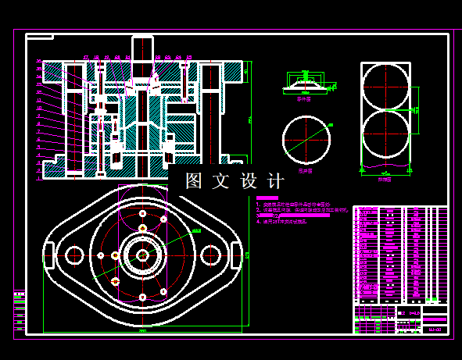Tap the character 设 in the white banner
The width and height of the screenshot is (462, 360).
[249, 181]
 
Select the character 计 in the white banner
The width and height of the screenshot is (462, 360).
[276, 181]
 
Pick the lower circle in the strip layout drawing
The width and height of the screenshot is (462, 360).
[385, 134]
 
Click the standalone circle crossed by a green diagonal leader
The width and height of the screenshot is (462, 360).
[306, 138]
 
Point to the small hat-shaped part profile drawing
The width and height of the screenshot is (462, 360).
[305, 81]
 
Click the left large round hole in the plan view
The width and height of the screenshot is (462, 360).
[75, 255]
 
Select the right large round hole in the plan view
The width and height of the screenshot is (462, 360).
[211, 255]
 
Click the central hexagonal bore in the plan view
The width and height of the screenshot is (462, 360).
[143, 255]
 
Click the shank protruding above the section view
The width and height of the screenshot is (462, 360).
[142, 48]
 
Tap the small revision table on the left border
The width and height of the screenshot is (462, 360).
[19, 312]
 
